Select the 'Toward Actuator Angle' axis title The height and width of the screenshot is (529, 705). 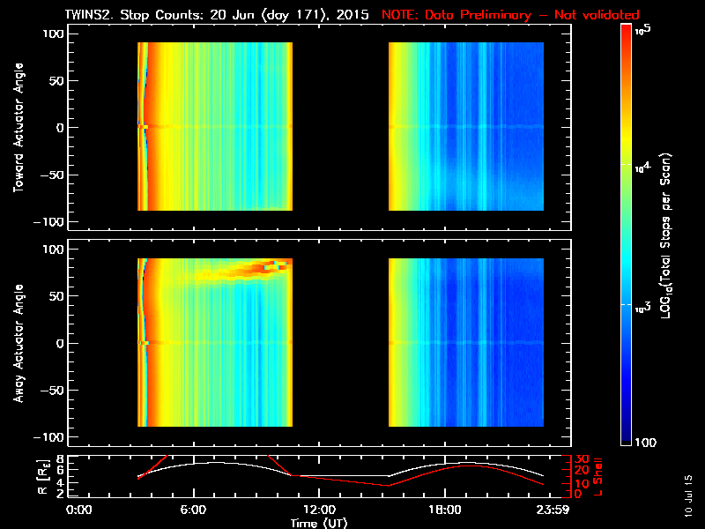17,127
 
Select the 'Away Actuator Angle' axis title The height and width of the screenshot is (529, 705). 17,343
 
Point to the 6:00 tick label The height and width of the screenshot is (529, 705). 193,510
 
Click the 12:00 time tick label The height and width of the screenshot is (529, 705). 318,510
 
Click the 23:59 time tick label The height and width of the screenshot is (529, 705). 551,510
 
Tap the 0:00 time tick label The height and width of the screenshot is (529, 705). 79,510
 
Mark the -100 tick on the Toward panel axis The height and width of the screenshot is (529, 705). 52,220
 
